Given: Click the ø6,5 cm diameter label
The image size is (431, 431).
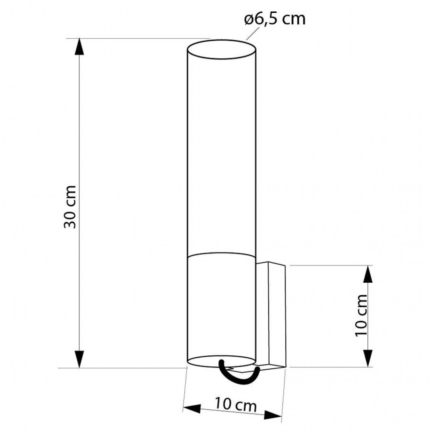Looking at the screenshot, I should tap(275, 20).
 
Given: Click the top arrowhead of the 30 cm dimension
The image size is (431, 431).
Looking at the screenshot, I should tap(80, 47).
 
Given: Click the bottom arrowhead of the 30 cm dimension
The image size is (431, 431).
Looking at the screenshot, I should tap(80, 359).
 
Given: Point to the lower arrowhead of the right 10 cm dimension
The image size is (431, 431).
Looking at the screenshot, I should tap(368, 359).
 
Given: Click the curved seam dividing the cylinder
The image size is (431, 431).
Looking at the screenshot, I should tap(221, 253).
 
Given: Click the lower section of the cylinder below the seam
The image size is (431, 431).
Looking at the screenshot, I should tap(221, 307).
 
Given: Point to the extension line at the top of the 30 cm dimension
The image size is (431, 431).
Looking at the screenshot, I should tap(138, 39).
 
